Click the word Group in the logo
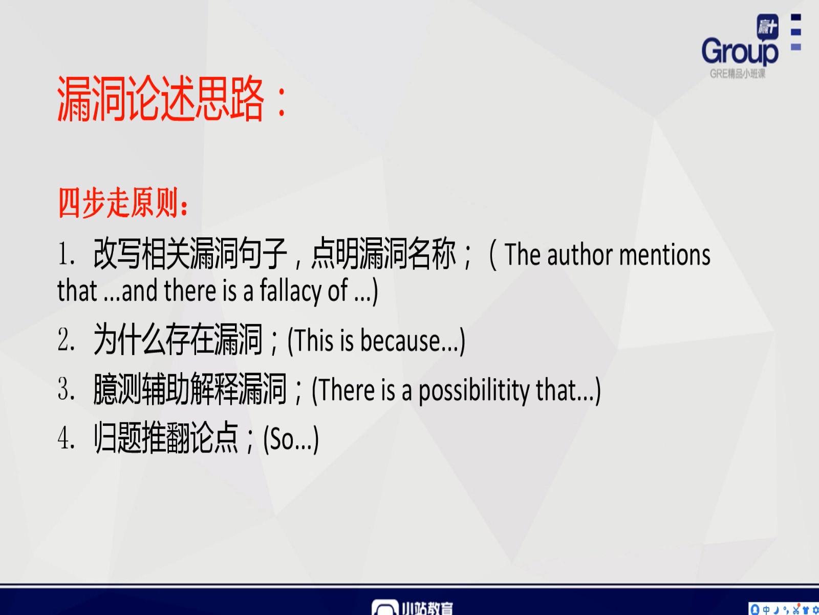[740, 52]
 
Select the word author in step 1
[579, 255]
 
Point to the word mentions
[664, 255]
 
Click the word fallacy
[290, 290]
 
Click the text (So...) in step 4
[291, 439]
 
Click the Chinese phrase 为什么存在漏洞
[177, 339]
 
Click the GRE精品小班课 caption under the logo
[737, 74]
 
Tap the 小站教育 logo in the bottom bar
[412, 607]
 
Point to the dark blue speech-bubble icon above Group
[767, 27]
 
